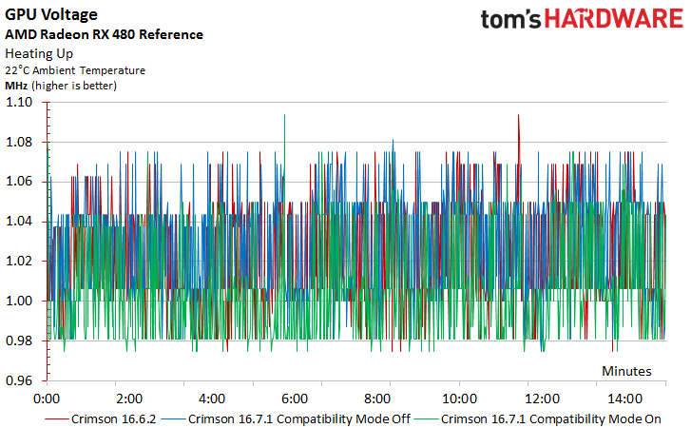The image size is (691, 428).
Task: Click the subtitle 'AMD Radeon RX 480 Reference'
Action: [104, 34]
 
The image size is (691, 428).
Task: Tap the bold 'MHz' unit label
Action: [17, 86]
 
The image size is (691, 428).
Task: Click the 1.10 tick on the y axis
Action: [20, 103]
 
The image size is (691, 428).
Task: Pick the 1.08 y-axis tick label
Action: [20, 143]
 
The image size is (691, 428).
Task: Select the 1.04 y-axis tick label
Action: [20, 222]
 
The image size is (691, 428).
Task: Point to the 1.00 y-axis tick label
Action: [20, 301]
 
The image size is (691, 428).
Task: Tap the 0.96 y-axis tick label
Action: [20, 380]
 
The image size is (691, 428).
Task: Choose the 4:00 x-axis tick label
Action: [212, 399]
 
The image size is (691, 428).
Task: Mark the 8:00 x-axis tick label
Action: [377, 399]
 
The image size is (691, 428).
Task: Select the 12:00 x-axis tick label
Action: [543, 399]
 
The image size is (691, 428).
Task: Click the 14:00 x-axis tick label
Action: [624, 399]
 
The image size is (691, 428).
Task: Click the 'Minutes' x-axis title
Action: [626, 370]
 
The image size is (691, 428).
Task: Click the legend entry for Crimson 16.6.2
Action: [114, 418]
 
